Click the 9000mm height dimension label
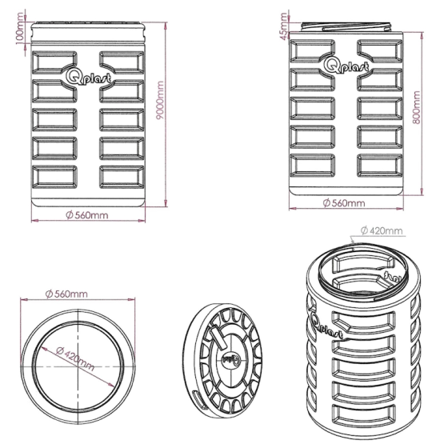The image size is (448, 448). (161, 100)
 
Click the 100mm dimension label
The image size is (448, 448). (21, 28)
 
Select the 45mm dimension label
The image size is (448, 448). (284, 26)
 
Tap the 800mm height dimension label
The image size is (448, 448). (417, 107)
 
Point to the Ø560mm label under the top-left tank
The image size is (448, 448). (87, 215)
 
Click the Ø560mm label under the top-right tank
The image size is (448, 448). (344, 203)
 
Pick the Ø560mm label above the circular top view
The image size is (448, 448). (66, 294)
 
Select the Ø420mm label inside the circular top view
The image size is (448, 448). (75, 358)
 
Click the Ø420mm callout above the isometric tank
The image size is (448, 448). (382, 230)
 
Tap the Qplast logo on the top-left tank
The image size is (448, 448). (88, 77)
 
